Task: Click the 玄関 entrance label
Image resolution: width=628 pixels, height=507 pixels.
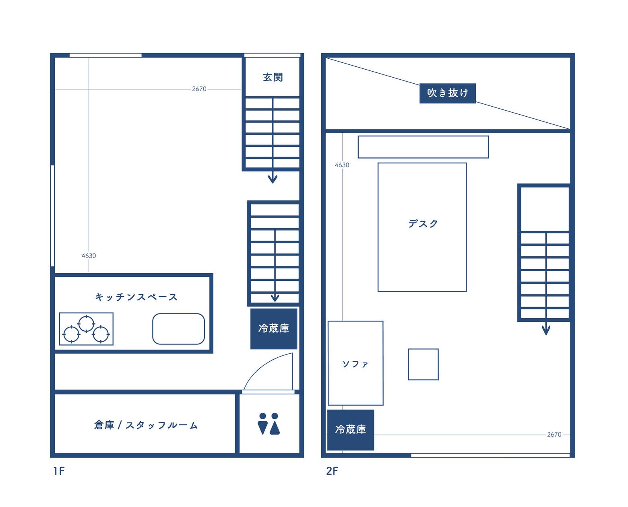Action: tap(273, 77)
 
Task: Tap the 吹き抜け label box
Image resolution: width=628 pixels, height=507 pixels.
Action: tap(447, 93)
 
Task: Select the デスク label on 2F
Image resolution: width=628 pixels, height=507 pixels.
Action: tap(423, 224)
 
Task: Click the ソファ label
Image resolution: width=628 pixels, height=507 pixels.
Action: tap(355, 364)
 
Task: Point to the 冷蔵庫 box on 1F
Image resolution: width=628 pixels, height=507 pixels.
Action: tap(274, 328)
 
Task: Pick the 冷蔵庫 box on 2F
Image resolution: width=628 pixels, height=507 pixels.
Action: tap(351, 429)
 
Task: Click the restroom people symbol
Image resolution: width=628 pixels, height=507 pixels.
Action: tap(268, 424)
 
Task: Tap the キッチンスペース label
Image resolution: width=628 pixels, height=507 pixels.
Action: tap(136, 297)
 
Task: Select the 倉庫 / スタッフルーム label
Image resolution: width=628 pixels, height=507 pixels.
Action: tap(146, 425)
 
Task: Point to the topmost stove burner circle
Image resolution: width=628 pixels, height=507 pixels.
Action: tap(86, 324)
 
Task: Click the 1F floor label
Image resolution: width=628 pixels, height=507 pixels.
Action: tap(59, 471)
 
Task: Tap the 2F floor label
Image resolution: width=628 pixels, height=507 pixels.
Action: tap(332, 471)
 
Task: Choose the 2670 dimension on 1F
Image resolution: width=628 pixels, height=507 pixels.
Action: tap(199, 89)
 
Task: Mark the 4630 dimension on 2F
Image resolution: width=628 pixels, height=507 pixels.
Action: tap(342, 165)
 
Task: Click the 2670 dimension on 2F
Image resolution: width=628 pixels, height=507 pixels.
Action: tap(554, 434)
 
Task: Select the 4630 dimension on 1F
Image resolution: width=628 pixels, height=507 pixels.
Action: tap(89, 256)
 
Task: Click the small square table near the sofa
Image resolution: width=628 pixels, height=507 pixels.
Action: tap(423, 364)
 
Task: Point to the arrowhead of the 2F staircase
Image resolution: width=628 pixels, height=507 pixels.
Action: tap(546, 331)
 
